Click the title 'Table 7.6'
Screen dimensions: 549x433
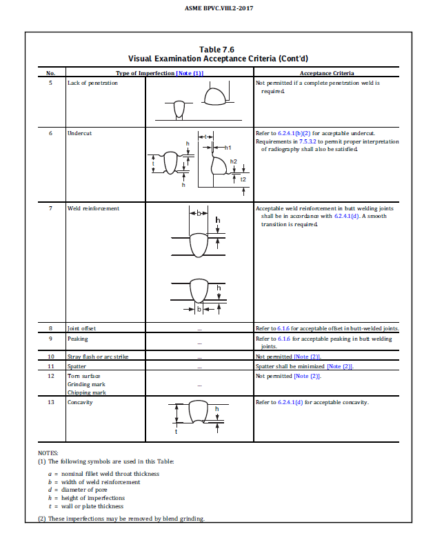pos(216,50)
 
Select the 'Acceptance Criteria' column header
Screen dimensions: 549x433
pos(327,72)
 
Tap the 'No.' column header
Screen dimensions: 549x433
pos(50,72)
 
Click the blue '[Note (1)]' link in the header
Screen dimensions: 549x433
pos(190,72)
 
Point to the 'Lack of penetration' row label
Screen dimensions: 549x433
pos(92,83)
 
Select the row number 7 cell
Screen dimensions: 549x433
pos(50,208)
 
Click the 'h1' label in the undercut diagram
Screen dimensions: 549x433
pos(229,148)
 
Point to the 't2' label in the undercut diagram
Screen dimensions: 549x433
pos(243,179)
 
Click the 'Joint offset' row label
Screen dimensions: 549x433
pos(82,328)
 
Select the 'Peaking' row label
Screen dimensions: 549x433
pos(77,339)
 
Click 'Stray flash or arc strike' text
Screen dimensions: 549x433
pos(97,357)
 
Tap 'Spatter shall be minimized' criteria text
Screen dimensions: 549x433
pos(290,366)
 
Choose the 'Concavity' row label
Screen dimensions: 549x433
pos(79,402)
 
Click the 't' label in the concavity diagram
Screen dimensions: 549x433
pos(176,432)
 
